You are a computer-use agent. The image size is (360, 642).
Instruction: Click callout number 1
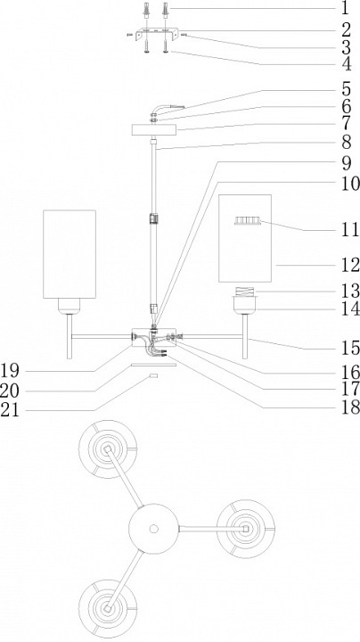click(345, 8)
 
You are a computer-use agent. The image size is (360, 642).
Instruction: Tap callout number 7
click(346, 124)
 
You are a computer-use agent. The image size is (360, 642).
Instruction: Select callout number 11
click(350, 230)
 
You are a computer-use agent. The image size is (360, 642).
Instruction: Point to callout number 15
click(350, 349)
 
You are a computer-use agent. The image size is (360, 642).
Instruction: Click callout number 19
click(10, 371)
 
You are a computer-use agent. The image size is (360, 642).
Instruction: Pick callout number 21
click(10, 410)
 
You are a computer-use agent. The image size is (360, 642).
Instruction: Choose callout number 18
click(350, 407)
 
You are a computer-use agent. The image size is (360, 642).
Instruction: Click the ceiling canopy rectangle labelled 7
click(154, 130)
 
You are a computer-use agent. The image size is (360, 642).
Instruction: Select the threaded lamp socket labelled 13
click(245, 292)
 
